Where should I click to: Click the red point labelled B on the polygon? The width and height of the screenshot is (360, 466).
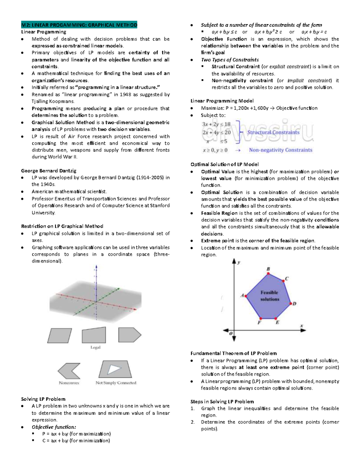pos(268,273)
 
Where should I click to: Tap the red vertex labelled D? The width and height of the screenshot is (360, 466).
pos(290,304)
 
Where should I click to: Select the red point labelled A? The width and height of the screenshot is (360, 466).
pos(246,296)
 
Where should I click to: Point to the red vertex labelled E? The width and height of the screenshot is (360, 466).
pos(276,318)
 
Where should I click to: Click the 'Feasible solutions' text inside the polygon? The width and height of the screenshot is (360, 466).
pos(269,296)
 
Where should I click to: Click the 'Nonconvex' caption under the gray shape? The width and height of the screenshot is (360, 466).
pos(69,383)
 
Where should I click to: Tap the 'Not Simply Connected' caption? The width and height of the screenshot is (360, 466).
pos(116,383)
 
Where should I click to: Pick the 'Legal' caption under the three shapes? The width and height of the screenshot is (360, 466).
pos(95,347)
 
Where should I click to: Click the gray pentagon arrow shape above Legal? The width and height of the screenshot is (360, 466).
pos(129,335)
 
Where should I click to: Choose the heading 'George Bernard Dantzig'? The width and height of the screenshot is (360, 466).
pos(49,171)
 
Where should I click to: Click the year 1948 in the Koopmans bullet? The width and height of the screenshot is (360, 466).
pos(125,95)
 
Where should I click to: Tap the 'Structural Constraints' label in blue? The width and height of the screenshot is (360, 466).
pos(273,132)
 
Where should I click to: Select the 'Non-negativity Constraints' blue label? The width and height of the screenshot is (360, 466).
pos(280,150)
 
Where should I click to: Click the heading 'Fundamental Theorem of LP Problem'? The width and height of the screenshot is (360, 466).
pos(233,353)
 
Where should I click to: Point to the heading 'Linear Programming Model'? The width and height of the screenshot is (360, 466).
pos(222,101)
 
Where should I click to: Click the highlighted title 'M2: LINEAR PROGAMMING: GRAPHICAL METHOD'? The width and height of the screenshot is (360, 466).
pos(79,25)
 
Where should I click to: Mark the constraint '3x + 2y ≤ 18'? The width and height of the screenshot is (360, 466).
pos(216,124)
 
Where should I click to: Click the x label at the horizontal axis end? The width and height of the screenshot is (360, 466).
pos(301,326)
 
